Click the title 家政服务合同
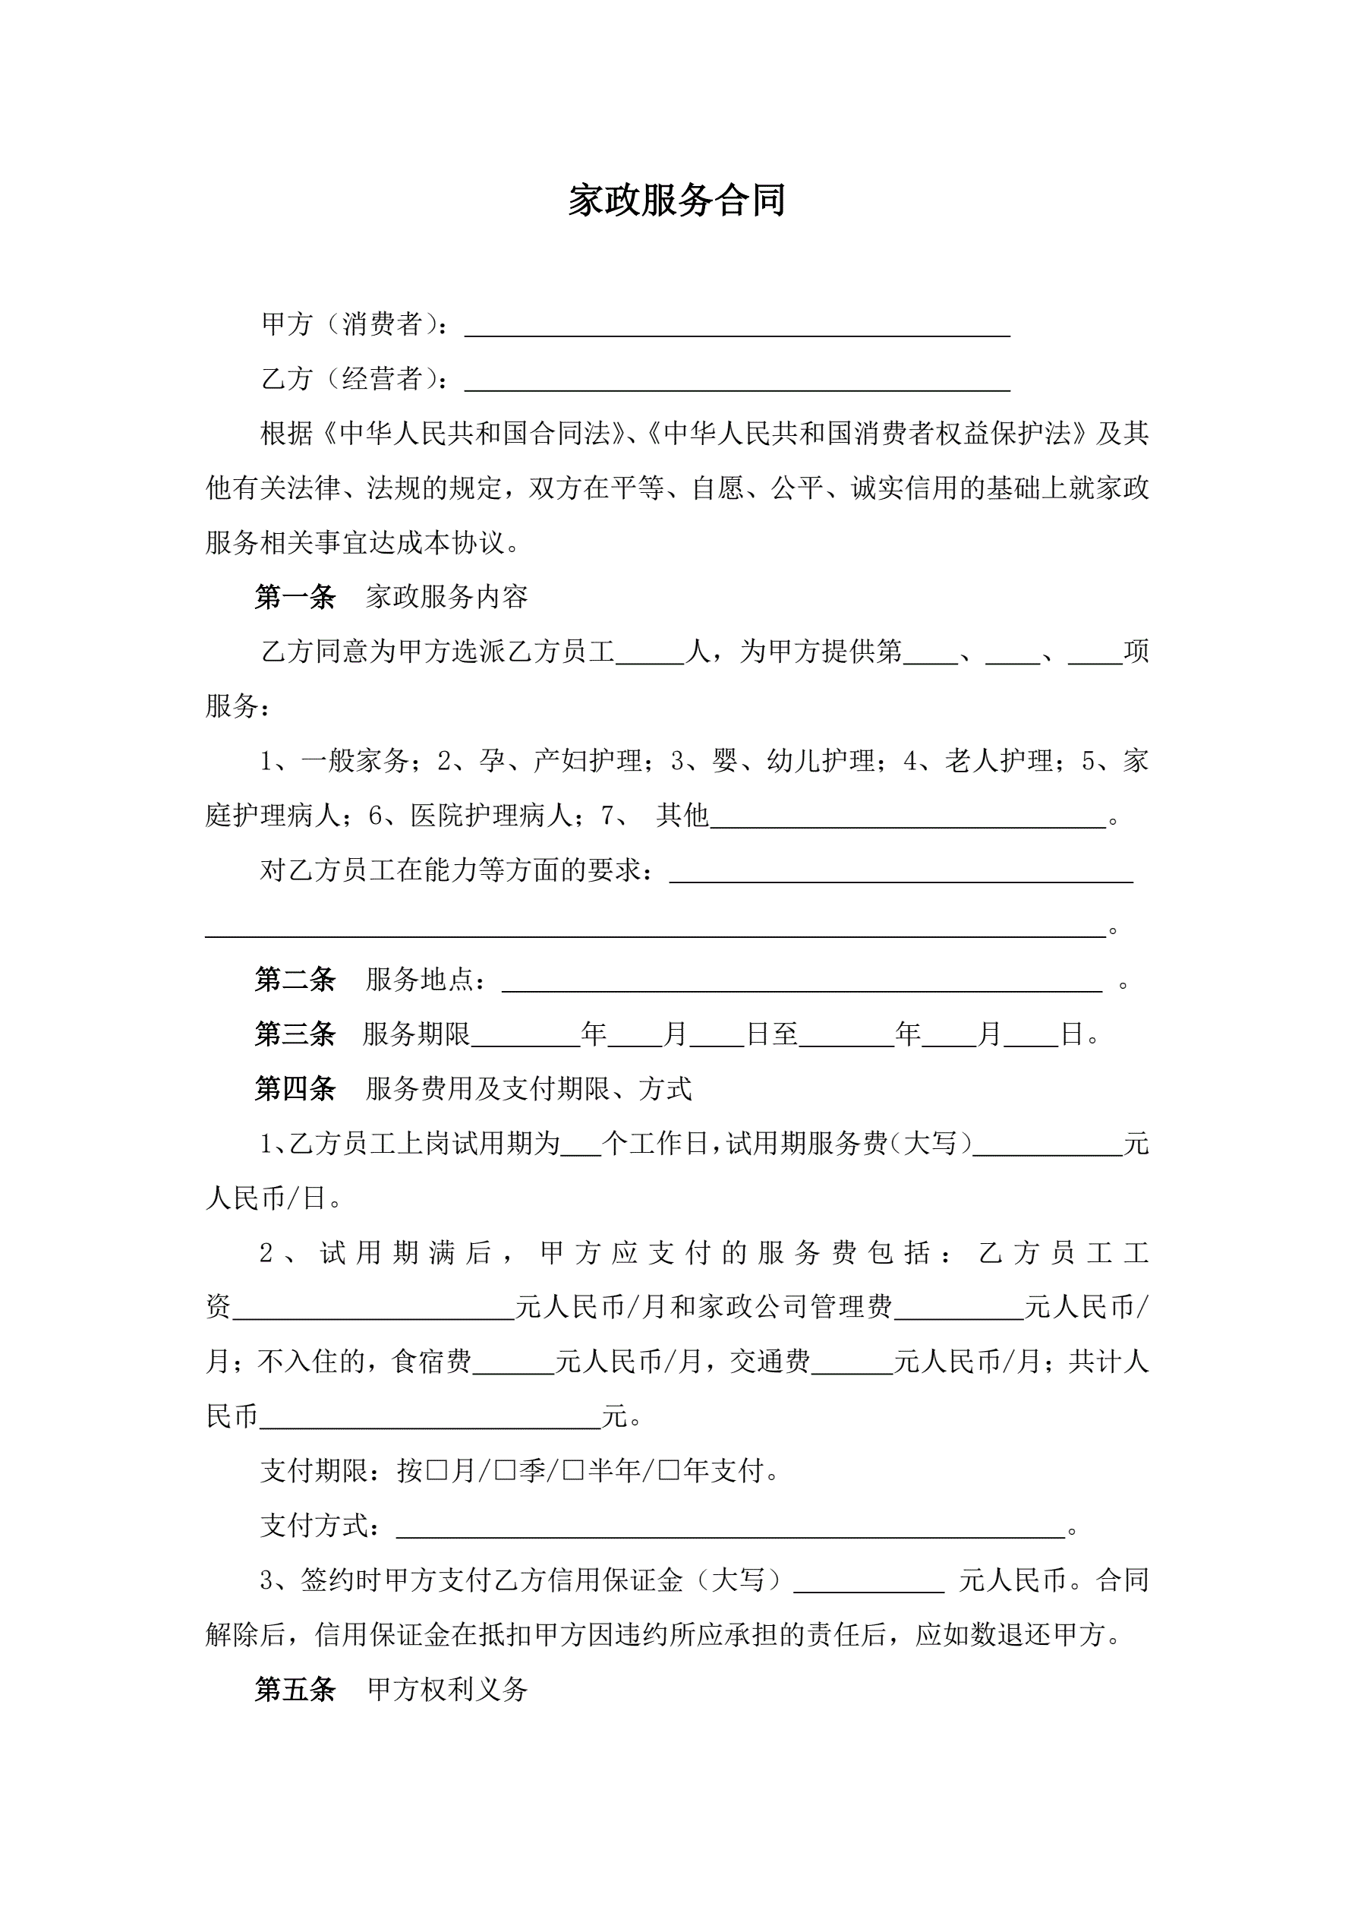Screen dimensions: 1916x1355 [x=676, y=201]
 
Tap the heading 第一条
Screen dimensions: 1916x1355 [x=295, y=597]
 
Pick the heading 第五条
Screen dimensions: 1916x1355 [x=295, y=1689]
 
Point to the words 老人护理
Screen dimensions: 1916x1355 [x=1000, y=761]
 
